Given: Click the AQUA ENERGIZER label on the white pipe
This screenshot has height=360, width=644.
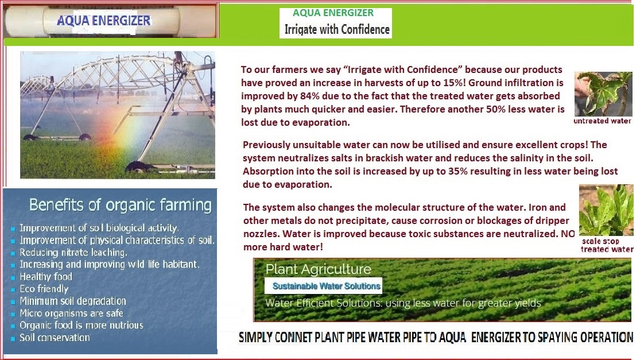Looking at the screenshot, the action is tap(103, 20).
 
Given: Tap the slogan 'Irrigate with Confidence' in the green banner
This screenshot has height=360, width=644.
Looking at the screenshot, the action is tap(337, 30).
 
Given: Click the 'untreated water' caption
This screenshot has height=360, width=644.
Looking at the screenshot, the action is tap(602, 121).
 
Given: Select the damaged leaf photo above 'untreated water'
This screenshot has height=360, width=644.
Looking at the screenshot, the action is tap(603, 94).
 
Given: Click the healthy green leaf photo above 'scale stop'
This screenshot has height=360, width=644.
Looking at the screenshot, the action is tap(606, 210).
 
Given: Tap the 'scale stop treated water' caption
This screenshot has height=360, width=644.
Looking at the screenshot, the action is tap(607, 245).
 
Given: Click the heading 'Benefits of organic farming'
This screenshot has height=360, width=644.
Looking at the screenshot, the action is tap(121, 204).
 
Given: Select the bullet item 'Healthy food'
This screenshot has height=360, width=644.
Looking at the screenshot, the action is tap(46, 277).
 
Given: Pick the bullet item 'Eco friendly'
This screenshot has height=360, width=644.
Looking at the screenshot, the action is tap(44, 289).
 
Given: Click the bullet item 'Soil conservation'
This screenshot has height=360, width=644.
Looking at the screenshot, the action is tap(55, 338).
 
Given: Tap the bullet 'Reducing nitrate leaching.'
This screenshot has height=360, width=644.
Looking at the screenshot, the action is tap(73, 252).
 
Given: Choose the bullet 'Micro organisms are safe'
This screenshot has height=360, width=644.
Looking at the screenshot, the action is tap(72, 313).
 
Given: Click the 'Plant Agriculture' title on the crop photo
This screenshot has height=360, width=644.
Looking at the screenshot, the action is tap(319, 269).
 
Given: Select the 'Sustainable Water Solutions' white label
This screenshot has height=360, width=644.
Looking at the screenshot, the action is tap(327, 286).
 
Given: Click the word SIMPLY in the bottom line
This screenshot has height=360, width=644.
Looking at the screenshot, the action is tap(255, 338).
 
